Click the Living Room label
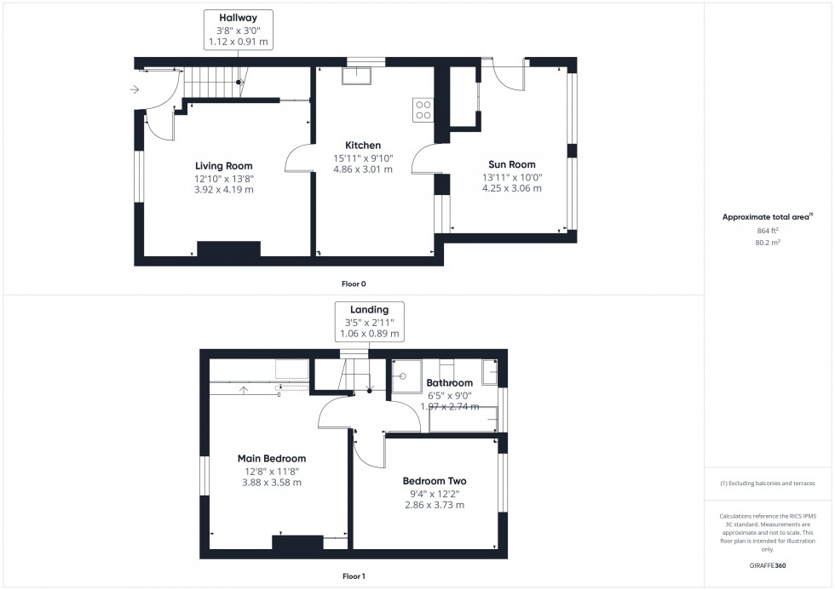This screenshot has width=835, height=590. [x=224, y=165]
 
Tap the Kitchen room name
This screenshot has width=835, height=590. [x=362, y=145]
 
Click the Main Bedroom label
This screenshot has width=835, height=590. [x=271, y=459]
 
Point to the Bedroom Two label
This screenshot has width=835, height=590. [x=434, y=481]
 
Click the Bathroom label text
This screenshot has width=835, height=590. [x=449, y=383]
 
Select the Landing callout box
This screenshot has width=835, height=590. [x=369, y=322]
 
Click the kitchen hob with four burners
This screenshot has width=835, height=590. [x=423, y=109]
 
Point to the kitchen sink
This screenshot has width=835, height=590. [x=355, y=76]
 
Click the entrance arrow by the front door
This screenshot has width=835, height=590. [x=135, y=89]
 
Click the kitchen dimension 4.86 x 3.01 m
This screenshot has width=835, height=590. [x=362, y=169]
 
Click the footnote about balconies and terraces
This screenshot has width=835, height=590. [x=768, y=483]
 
